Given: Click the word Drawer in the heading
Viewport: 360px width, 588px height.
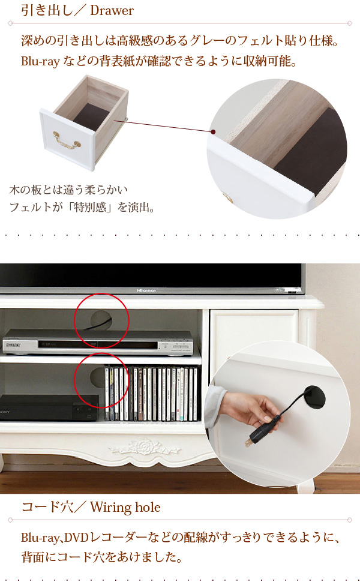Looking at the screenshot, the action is tap(112, 11).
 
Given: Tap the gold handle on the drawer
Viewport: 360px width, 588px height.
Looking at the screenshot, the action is tap(67, 140).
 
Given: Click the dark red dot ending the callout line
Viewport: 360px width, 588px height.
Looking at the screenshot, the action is tap(213, 131).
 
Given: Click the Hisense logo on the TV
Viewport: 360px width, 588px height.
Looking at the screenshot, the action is tap(146, 290).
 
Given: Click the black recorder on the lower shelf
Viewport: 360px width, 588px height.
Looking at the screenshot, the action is tap(49, 407).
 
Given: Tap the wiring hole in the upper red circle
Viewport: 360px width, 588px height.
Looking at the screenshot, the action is tap(101, 320).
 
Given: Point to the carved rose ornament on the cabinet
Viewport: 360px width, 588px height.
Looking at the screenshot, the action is tap(145, 448).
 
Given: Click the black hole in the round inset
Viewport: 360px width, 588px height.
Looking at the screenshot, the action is tap(314, 397).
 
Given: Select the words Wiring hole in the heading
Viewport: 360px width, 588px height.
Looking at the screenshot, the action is tap(125, 507).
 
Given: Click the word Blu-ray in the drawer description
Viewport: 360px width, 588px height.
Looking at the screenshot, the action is tap(40, 61).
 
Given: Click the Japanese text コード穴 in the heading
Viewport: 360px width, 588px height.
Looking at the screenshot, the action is tap(47, 507).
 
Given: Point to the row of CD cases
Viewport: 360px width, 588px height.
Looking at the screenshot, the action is tap(151, 394).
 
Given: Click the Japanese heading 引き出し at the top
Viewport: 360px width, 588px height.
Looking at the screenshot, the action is tap(47, 11).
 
